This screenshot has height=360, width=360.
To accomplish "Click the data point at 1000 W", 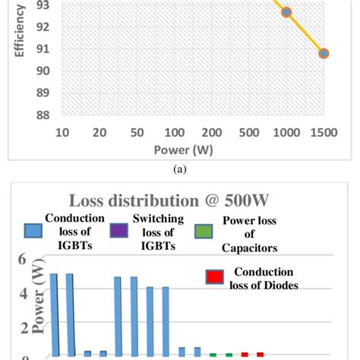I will click(286, 12).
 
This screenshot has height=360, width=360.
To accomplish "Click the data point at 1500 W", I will click(324, 53).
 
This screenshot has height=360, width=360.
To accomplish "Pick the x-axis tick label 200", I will click(211, 132).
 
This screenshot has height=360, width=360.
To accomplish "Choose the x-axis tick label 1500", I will click(323, 132).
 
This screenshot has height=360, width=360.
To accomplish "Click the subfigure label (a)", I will click(180, 170).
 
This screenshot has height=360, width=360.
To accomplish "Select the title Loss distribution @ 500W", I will click(179, 201).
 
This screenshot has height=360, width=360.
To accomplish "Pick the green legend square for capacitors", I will click(204, 229).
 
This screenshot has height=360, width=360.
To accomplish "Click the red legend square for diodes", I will click(216, 277).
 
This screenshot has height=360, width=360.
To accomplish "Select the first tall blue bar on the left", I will click(53, 314).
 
